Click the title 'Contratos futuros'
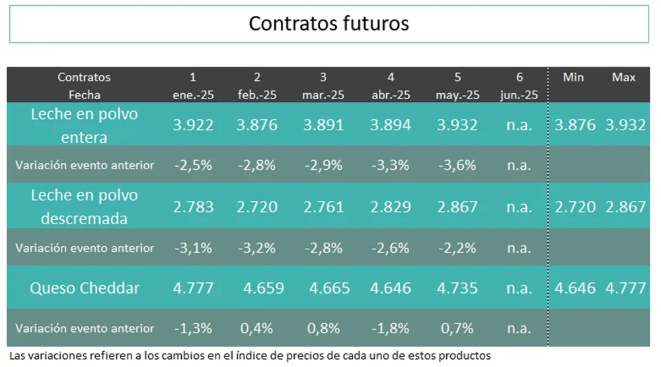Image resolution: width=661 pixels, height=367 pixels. (x=329, y=24)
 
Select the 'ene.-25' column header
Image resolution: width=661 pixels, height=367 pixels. (x=193, y=95)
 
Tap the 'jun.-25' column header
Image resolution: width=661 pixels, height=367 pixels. (x=519, y=95)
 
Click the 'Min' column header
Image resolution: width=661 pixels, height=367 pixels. (x=573, y=77)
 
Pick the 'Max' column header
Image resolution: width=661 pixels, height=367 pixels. (x=623, y=77)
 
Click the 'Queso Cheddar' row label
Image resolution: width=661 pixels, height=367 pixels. (x=85, y=288)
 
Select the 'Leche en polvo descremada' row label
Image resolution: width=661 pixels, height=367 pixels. (x=85, y=206)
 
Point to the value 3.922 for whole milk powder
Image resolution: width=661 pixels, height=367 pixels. (x=193, y=124)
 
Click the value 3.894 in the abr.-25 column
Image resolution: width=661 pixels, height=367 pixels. (x=391, y=124)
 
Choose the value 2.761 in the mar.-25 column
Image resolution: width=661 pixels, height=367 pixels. (x=323, y=206)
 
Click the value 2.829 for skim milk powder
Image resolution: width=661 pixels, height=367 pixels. (x=391, y=206)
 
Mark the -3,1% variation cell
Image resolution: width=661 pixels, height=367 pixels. (x=193, y=248)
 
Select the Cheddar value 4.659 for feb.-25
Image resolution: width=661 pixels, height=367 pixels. (x=264, y=288)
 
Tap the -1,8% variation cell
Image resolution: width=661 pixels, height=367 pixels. (x=391, y=329)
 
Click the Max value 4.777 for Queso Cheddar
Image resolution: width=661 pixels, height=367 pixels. (x=626, y=288)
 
